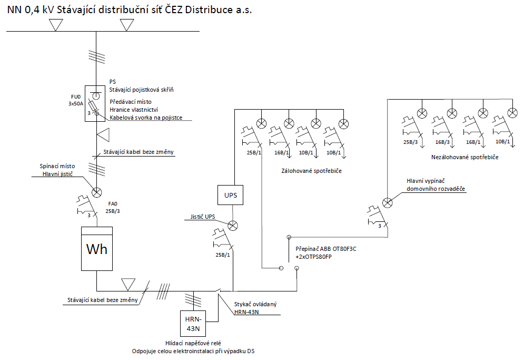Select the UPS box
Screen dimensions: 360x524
coord(231,195)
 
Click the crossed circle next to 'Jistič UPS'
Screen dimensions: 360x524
coord(233,225)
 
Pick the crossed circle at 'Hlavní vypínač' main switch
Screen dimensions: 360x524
coord(388,202)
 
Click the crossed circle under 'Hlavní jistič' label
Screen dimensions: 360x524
coord(97,191)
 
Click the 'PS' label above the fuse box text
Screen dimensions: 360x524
coord(113,82)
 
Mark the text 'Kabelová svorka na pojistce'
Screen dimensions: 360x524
coord(146,118)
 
